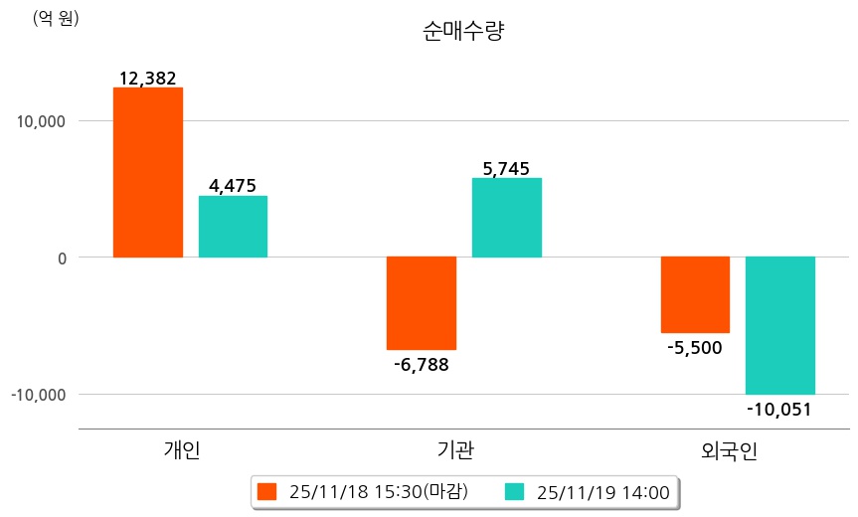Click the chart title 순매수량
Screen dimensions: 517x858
pos(463,31)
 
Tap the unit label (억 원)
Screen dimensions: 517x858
pos(55,18)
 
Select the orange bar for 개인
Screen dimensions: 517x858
pos(148,172)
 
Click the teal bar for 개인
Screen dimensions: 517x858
pos(233,227)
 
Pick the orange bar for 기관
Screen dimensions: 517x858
pos(422,303)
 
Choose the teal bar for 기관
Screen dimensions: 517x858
pos(507,218)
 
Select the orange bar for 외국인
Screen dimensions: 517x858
pos(695,294)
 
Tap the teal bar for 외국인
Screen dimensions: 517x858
pos(780,325)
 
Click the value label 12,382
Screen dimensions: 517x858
pos(147,79)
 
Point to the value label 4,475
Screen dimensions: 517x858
pos(233,186)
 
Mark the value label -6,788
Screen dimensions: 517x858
pos(422,364)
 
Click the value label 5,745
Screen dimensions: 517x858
pos(506,168)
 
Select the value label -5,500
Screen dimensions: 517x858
pos(694,347)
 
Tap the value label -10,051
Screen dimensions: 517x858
pos(779,408)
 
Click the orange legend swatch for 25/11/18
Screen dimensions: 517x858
pos(266,491)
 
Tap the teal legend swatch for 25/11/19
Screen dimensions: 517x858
pos(514,491)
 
